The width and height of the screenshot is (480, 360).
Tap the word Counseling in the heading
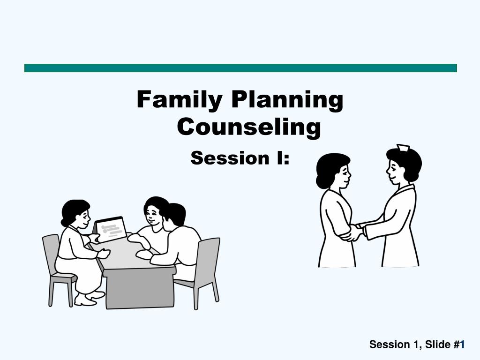pyautogui.click(x=249, y=127)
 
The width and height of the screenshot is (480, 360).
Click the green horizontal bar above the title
pyautogui.click(x=240, y=68)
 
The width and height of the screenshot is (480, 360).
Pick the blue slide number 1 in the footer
pyautogui.click(x=462, y=345)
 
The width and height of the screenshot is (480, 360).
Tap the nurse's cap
pyautogui.click(x=402, y=148)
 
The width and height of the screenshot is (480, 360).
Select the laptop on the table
pyautogui.click(x=111, y=229)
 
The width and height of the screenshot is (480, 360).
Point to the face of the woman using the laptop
pyautogui.click(x=83, y=218)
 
